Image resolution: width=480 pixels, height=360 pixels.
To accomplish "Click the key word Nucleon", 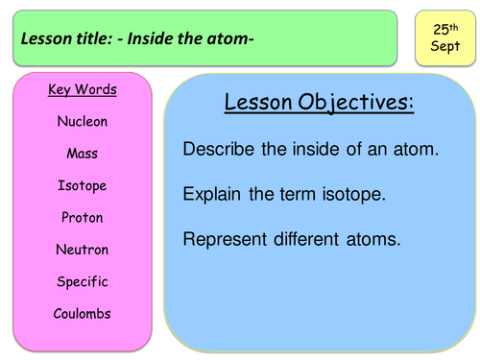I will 82,122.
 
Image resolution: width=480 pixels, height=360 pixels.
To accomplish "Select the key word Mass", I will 82,154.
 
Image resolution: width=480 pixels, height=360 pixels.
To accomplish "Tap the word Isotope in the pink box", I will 82,185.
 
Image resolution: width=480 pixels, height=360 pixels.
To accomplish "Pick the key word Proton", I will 82,218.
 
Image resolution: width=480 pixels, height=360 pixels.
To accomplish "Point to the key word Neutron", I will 82,250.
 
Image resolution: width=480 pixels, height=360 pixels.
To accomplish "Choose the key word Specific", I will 82,282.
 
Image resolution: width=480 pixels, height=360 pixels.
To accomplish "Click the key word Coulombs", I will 82,314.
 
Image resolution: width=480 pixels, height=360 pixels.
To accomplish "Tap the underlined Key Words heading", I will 82,90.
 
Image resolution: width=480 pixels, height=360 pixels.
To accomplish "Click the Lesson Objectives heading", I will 319,104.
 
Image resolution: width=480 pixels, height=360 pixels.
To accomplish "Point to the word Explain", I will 214,194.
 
